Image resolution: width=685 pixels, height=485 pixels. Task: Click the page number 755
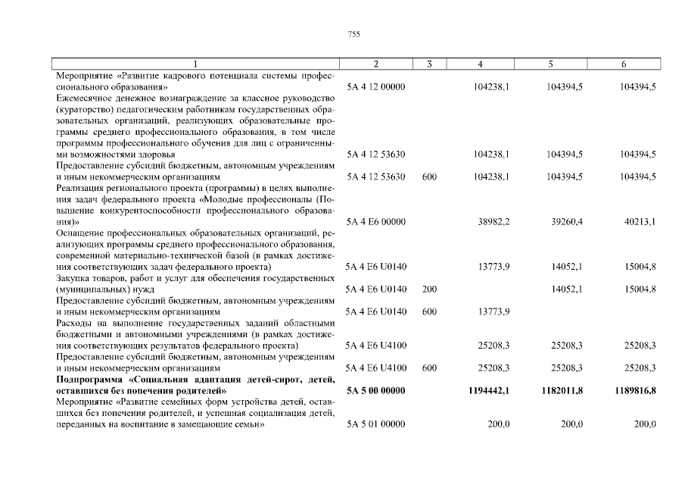click(x=353, y=34)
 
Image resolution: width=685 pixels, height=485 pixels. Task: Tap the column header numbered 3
click(x=429, y=64)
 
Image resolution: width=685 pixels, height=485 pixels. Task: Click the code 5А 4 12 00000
click(x=376, y=87)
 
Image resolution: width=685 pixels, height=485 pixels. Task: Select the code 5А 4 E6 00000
click(x=376, y=222)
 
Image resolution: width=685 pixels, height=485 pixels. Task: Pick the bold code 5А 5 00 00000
click(x=376, y=390)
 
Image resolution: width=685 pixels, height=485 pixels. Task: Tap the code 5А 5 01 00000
click(x=376, y=424)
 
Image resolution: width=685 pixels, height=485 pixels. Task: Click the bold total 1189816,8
click(x=635, y=390)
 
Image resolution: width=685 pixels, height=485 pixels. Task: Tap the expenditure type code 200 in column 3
click(x=429, y=289)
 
